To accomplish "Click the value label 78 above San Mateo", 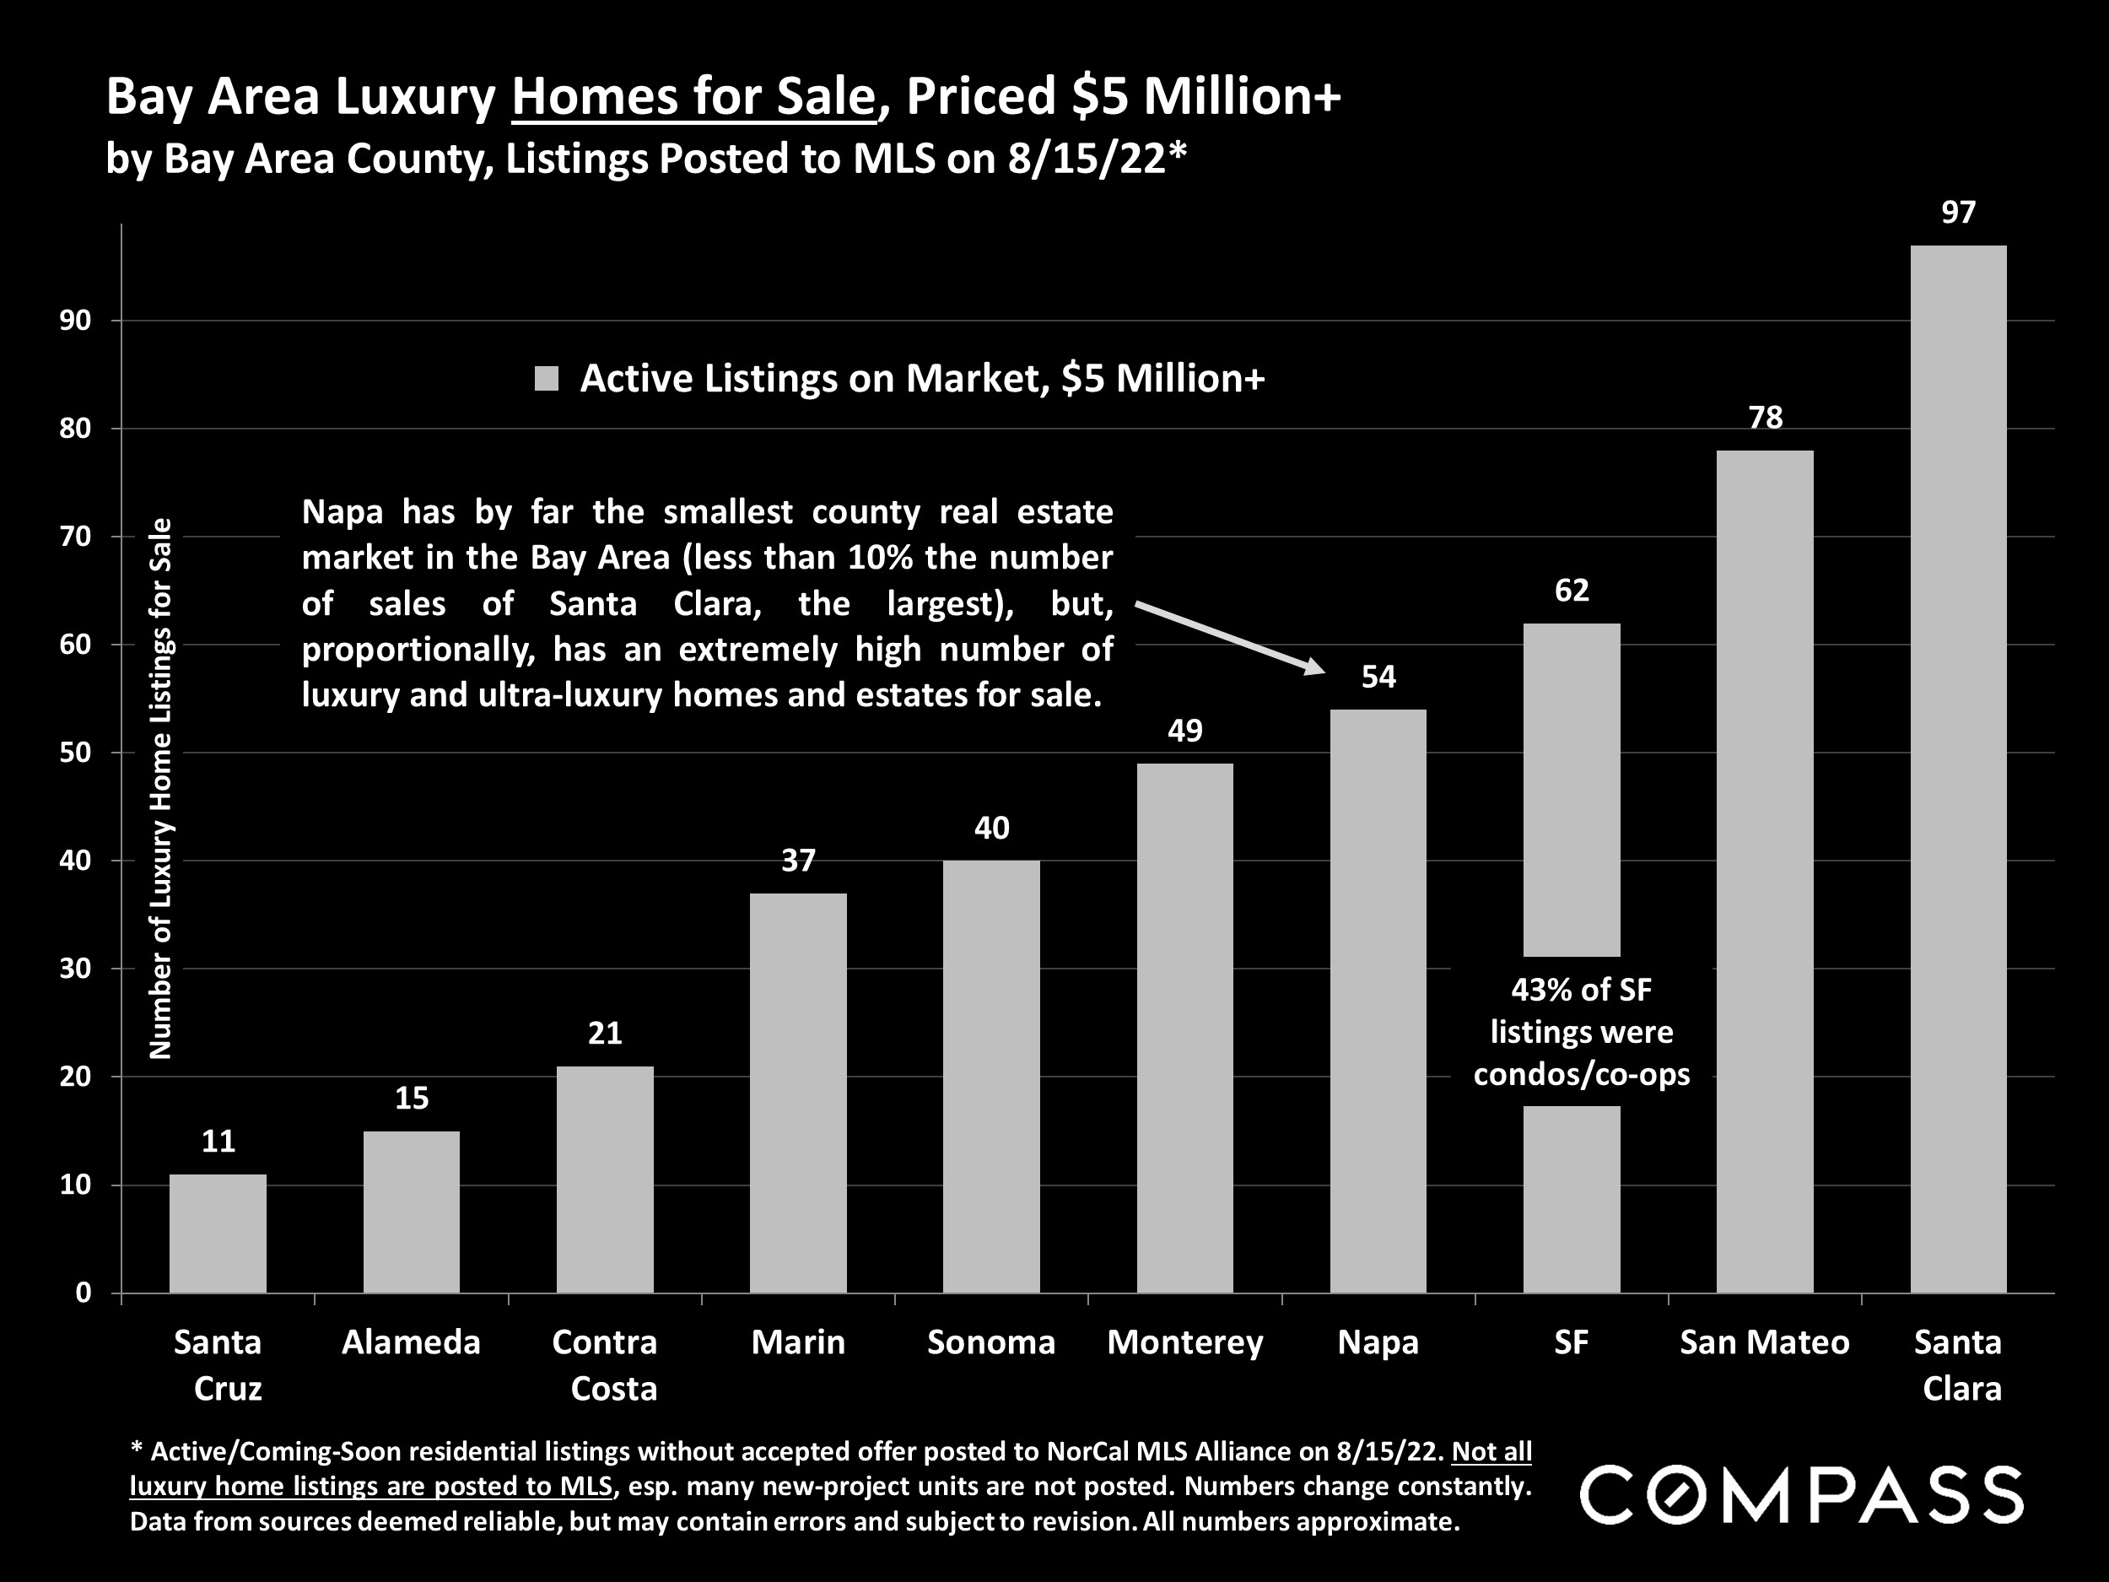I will (1765, 418).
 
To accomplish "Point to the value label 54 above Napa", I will (1378, 677).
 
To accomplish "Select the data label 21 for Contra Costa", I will (605, 1034).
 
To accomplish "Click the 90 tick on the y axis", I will (75, 321).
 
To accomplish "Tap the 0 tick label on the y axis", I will (84, 1293).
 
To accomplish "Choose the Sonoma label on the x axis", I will (991, 1342).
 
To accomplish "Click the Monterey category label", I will (1185, 1342).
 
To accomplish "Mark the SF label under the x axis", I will (1572, 1342).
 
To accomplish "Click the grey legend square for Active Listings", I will (547, 379).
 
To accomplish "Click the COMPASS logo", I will (1801, 1494).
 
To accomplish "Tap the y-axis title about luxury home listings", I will (161, 788).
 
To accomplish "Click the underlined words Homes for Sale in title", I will (693, 97).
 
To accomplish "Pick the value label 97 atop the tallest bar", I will (1958, 213).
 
